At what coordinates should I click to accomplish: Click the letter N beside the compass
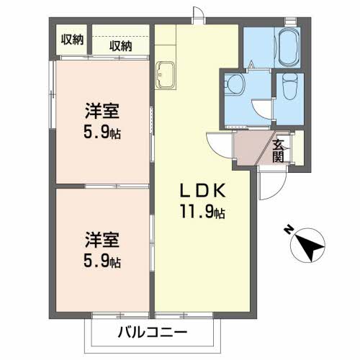pyautogui.click(x=287, y=230)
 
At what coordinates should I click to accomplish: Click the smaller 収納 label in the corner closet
pyautogui.click(x=72, y=40)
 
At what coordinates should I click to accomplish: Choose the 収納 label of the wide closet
pyautogui.click(x=121, y=45)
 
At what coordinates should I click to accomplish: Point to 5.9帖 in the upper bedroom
pyautogui.click(x=101, y=134)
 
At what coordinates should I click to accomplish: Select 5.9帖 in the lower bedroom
pyautogui.click(x=101, y=260)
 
